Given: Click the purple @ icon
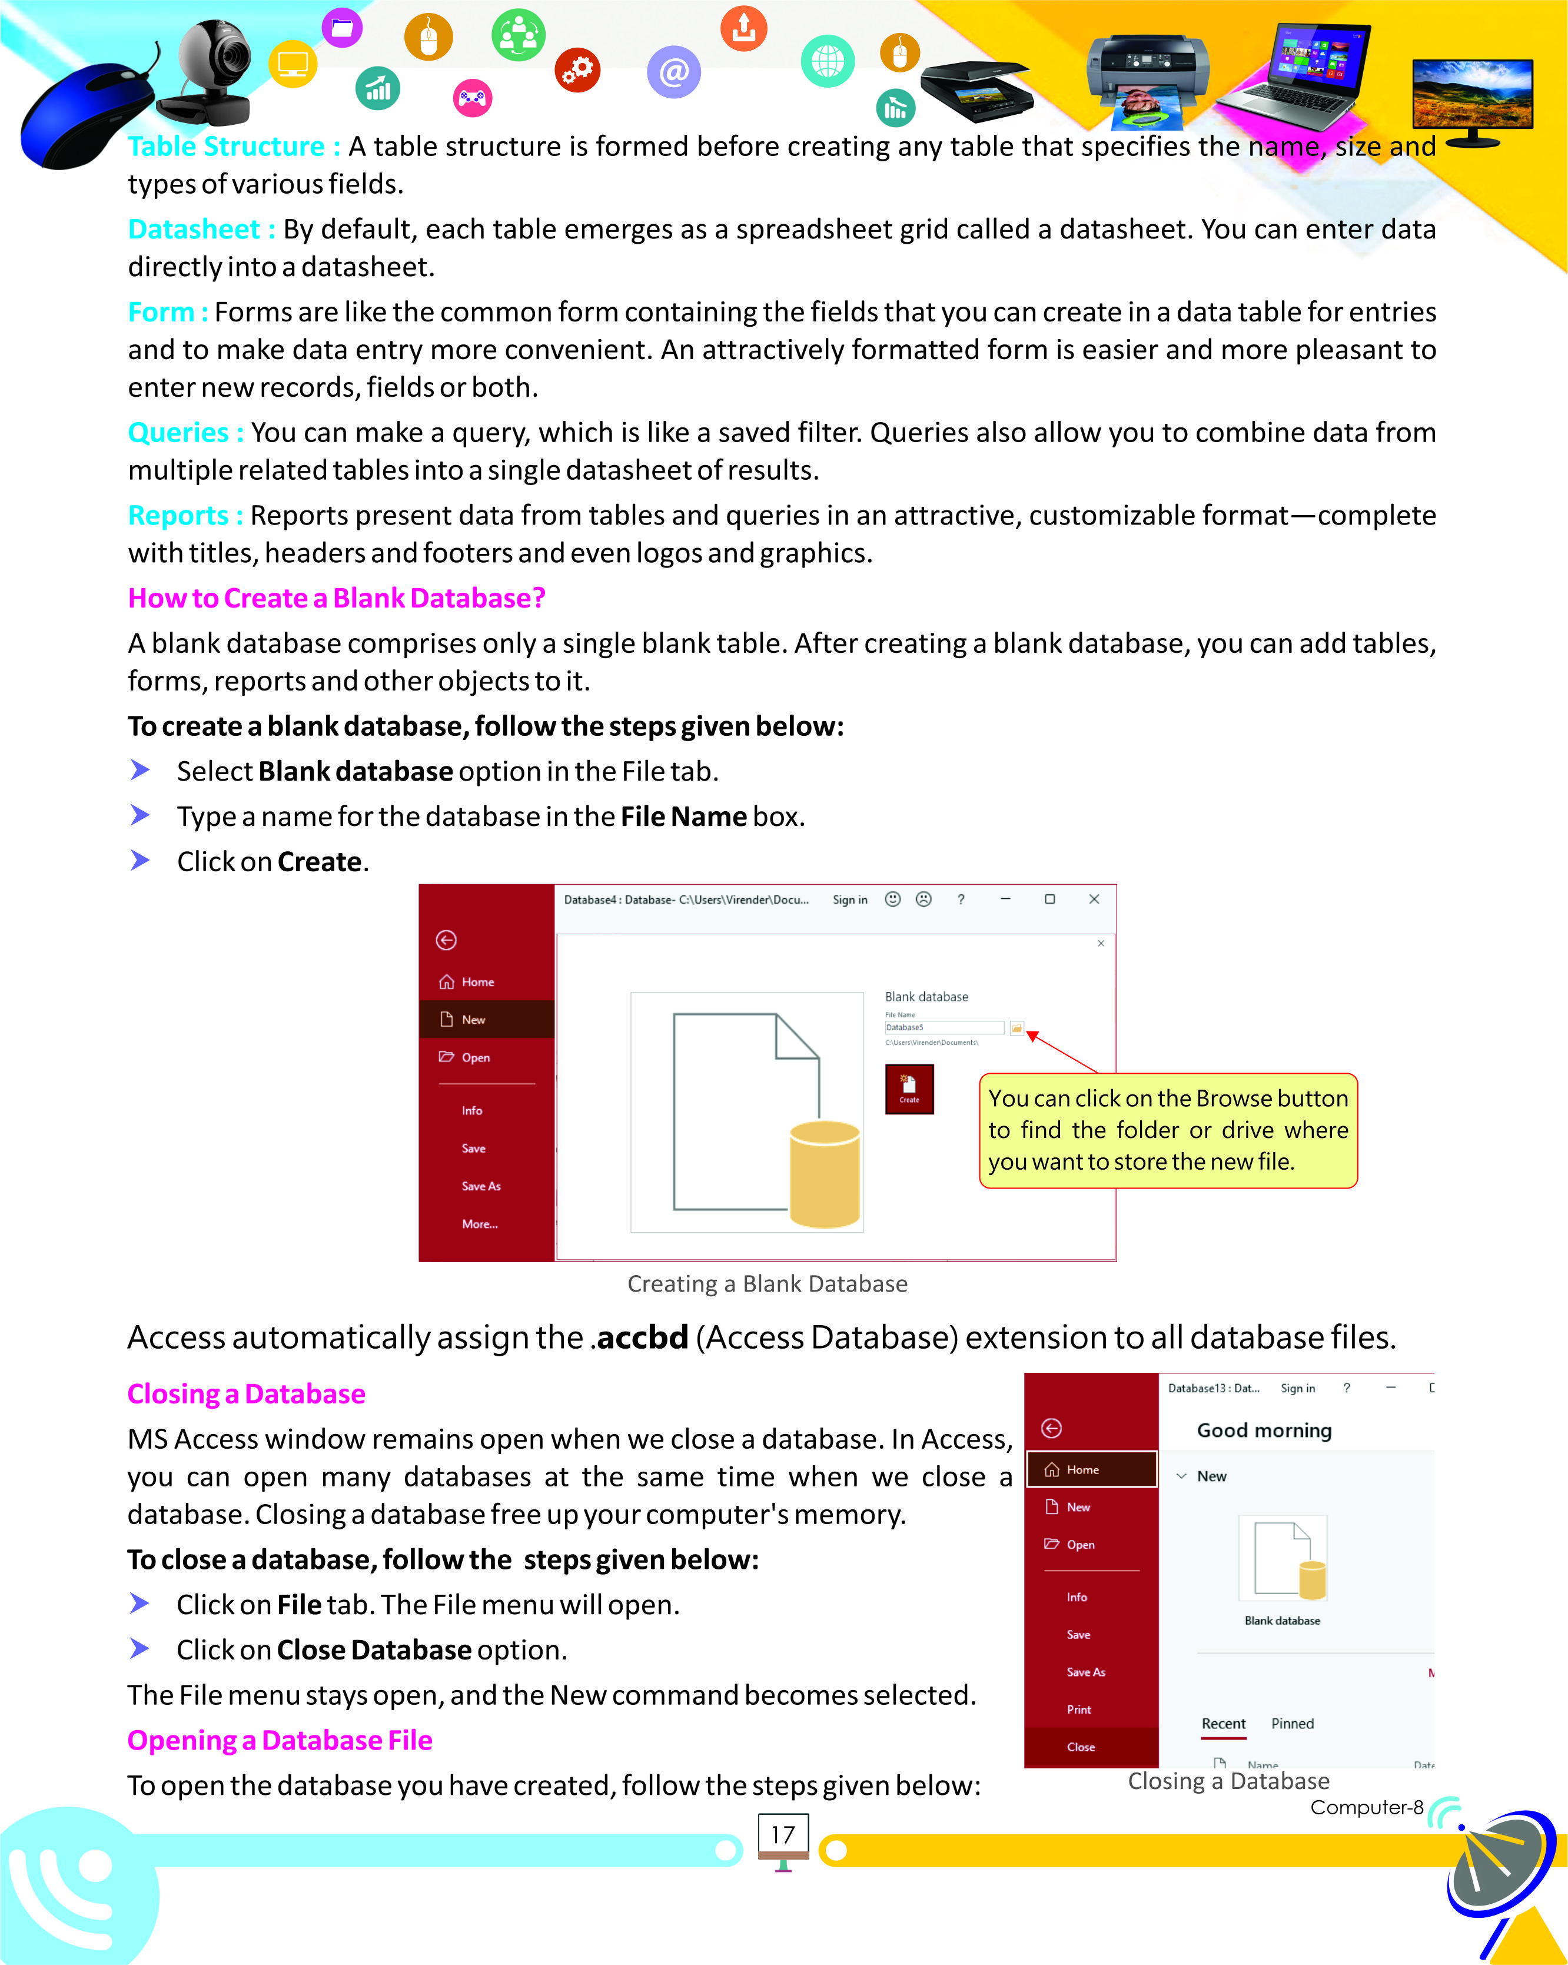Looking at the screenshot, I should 673,72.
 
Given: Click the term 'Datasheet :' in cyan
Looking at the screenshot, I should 201,230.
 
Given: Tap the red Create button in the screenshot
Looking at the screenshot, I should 908,1088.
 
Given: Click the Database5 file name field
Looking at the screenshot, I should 943,1027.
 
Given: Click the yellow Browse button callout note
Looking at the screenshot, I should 1167,1130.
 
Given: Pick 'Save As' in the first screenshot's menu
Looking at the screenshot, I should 481,1186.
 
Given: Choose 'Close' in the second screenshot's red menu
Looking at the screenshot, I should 1081,1746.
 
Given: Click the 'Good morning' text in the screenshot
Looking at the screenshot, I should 1264,1430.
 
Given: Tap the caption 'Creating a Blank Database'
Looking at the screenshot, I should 767,1283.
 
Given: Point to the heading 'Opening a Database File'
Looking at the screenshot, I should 280,1740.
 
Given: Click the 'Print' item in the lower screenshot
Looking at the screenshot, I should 1079,1709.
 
